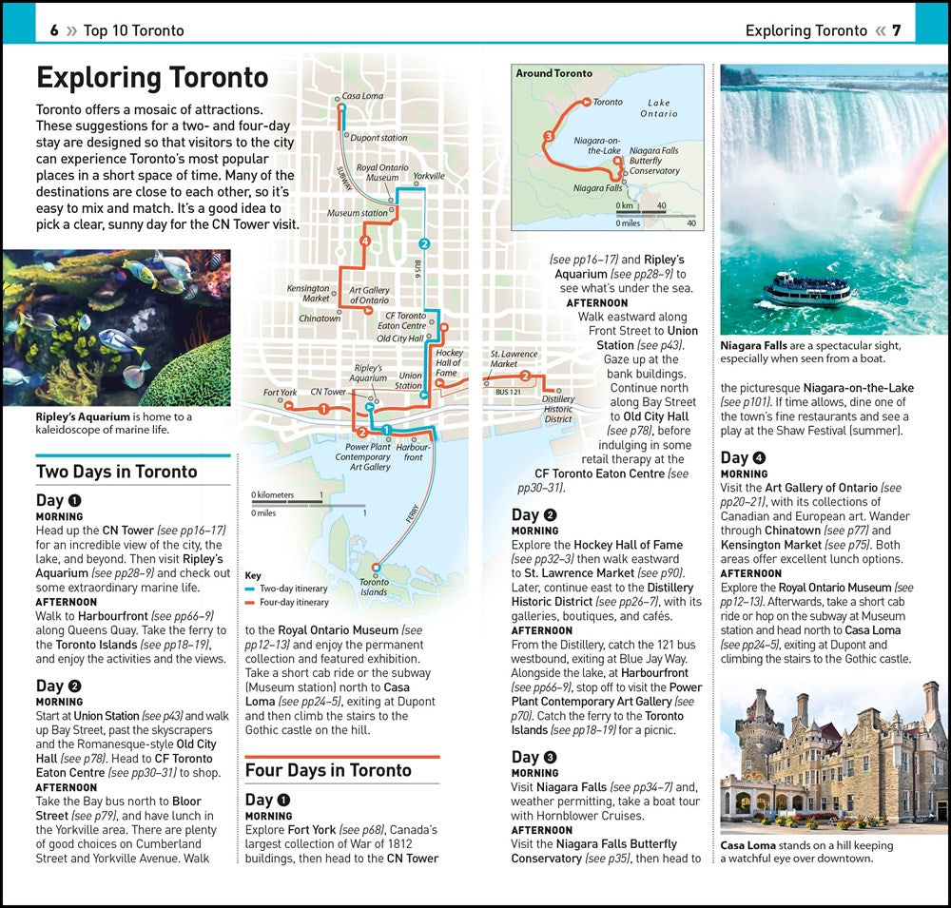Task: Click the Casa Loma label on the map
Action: [x=362, y=96]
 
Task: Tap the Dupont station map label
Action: [x=378, y=138]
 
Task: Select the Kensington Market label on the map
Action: [x=308, y=293]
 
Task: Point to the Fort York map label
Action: [x=280, y=393]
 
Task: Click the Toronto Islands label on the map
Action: [x=374, y=587]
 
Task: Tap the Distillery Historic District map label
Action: [x=558, y=409]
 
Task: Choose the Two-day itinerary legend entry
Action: [x=294, y=589]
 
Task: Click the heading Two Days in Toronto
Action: [x=116, y=472]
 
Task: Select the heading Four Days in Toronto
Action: [x=327, y=770]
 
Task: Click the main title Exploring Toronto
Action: [x=152, y=77]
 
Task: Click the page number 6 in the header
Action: [x=54, y=30]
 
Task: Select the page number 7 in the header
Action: [x=896, y=30]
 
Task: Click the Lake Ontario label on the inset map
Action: [x=658, y=108]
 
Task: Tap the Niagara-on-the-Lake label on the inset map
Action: [x=597, y=145]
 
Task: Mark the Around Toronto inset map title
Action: [x=553, y=73]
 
